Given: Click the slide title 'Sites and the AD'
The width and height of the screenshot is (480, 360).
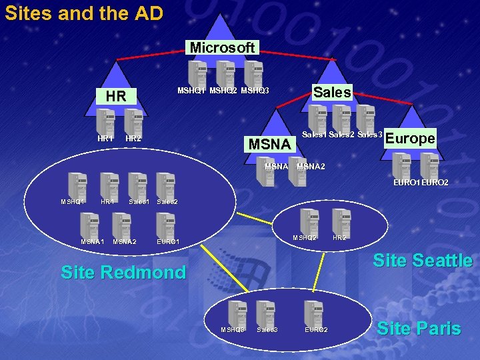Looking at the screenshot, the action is (x=84, y=13).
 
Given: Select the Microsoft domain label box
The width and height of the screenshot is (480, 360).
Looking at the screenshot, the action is (x=222, y=47).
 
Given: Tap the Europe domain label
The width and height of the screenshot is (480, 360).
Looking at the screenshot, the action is (x=410, y=139).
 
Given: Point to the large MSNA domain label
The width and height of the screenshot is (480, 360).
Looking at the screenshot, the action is (x=269, y=143).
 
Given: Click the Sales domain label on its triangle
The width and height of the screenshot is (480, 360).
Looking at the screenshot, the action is (x=332, y=93).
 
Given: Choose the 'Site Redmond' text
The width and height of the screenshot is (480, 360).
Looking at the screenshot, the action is (x=123, y=272).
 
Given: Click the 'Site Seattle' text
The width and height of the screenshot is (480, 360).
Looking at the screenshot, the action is (x=423, y=260).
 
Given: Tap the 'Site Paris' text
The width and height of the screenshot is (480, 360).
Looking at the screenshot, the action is (x=419, y=328).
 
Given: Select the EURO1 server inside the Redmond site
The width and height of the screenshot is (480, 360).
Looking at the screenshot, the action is (x=165, y=225).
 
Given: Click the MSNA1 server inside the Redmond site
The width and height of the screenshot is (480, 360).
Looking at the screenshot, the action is (x=89, y=225).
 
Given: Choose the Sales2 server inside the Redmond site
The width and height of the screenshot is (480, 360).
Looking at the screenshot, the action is (x=165, y=185).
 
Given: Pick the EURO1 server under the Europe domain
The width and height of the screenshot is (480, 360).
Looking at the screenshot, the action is (x=401, y=165).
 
